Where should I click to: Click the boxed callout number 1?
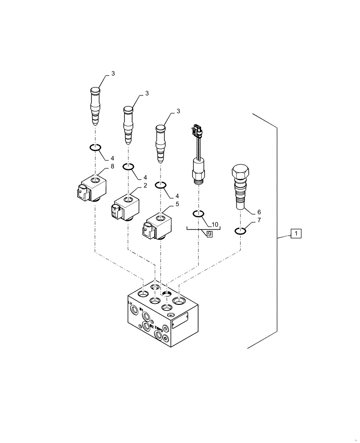pos(296,233)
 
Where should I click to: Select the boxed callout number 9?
pos(209,233)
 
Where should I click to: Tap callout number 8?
pos(112,167)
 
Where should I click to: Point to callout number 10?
pos(215,224)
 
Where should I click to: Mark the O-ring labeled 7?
pos(240,230)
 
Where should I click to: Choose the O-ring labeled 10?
pos(198,215)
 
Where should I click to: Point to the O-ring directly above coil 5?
pos(160,185)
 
